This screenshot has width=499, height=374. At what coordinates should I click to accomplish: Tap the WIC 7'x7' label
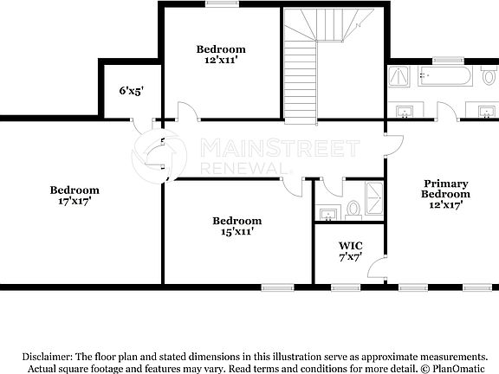(x=349, y=251)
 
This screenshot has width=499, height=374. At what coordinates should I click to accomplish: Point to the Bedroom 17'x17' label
(x=74, y=195)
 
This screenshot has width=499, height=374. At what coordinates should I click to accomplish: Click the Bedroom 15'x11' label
(x=237, y=226)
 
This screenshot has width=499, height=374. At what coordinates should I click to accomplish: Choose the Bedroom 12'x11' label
(x=220, y=55)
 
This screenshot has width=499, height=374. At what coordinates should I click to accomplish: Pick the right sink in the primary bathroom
(x=485, y=111)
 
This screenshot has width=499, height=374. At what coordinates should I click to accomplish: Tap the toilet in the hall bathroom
(x=353, y=209)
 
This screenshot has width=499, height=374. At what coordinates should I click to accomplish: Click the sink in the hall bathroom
(x=327, y=212)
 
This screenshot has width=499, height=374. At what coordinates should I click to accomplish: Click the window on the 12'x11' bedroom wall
(x=220, y=3)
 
